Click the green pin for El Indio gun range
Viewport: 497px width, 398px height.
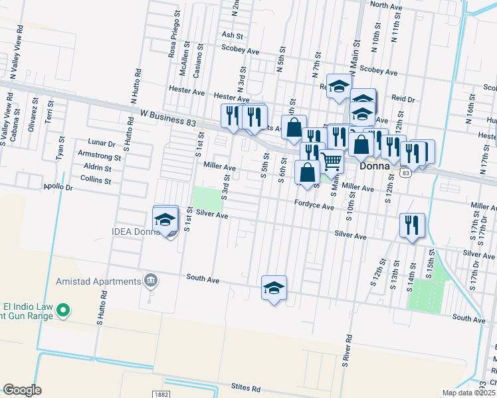(x=63, y=309)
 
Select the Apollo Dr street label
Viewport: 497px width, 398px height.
(x=57, y=188)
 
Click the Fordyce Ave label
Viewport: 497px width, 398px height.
(x=314, y=206)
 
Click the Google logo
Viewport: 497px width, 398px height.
(x=22, y=390)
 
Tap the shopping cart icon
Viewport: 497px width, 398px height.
(x=331, y=160)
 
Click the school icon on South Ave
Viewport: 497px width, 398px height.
(x=274, y=288)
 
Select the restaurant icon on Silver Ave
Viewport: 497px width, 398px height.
(x=413, y=224)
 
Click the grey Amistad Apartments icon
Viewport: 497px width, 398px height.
(x=151, y=281)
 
